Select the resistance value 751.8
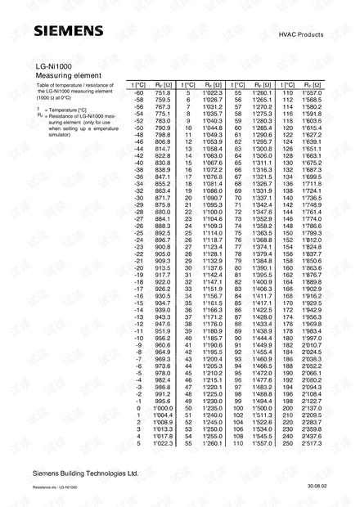163,93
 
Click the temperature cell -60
138,93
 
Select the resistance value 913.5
163,267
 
